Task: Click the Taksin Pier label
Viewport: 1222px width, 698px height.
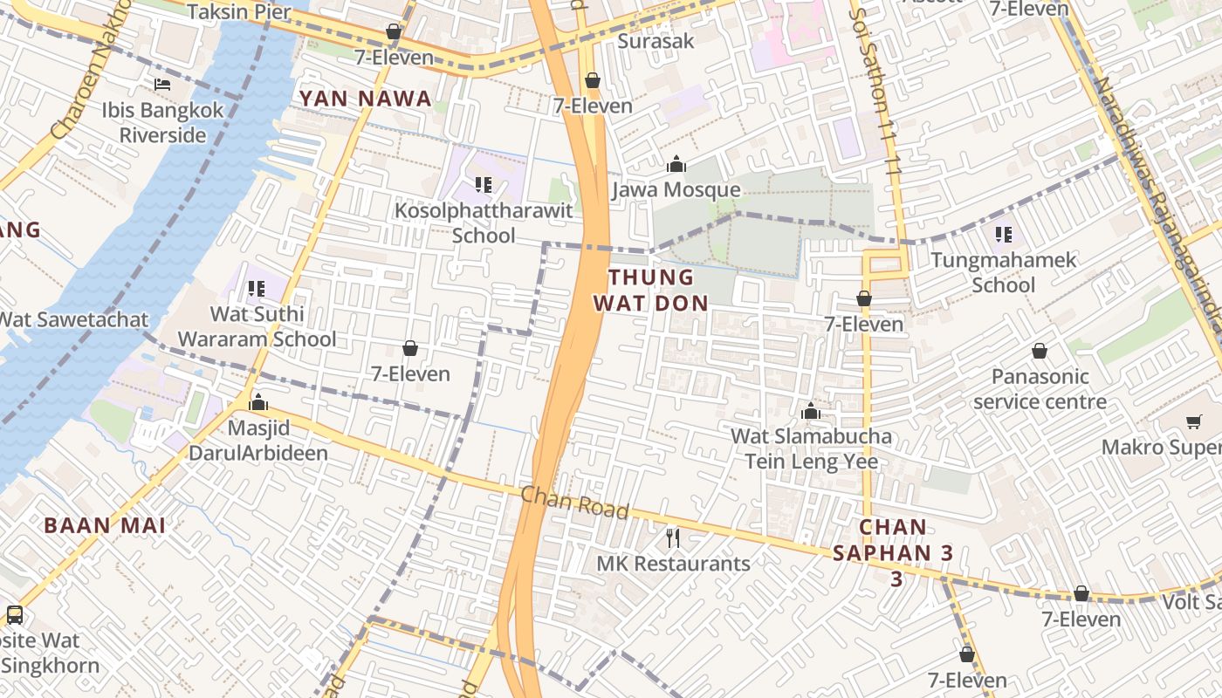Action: (240, 11)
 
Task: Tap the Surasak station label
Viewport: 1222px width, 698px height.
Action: (656, 41)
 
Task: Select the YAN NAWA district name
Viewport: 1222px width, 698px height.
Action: (366, 99)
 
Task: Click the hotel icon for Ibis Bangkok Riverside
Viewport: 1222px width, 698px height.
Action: (162, 85)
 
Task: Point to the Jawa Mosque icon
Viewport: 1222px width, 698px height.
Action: (676, 164)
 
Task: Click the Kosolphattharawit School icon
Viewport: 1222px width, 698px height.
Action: (484, 185)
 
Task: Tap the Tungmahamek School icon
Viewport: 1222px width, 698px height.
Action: (1004, 234)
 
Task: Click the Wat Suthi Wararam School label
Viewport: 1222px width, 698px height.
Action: (257, 326)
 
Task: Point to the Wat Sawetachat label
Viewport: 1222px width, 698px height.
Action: (73, 319)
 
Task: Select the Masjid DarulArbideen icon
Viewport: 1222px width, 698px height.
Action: (258, 402)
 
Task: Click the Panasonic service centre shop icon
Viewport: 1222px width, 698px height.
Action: (1040, 351)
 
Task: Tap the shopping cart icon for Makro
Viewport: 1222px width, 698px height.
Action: (1193, 422)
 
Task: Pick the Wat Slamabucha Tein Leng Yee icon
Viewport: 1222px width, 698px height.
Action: (811, 411)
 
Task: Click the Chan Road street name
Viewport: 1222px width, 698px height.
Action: (574, 503)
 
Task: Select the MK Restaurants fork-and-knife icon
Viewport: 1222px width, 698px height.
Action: (672, 537)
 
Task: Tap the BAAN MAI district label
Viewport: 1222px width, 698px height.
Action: (105, 525)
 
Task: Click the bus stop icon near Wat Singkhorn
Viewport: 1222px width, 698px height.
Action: (14, 615)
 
